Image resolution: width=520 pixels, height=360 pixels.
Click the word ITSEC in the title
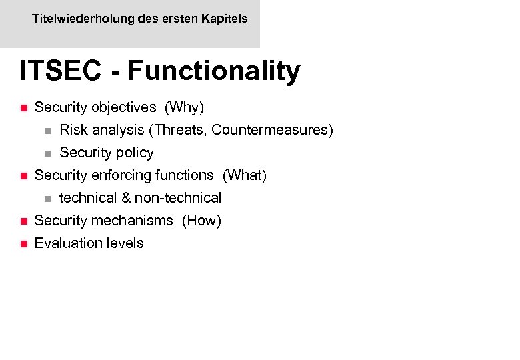[61, 71]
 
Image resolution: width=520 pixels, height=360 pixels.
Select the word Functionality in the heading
[213, 71]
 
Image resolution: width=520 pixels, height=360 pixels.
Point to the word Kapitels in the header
[225, 19]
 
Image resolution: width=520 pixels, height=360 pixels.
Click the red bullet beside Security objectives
[22, 107]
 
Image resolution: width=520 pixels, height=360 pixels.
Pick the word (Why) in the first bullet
[184, 107]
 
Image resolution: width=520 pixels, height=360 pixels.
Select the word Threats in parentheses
[180, 129]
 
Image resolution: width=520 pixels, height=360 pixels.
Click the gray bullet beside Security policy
[47, 153]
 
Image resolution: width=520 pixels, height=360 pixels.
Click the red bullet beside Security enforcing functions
[22, 175]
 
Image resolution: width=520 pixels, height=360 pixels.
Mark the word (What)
[245, 175]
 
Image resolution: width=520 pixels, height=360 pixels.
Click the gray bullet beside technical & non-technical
[47, 198]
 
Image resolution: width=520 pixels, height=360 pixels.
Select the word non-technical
[178, 198]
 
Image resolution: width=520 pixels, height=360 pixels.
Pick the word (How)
[201, 220]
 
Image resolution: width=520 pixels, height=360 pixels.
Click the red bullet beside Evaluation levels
[22, 243]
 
